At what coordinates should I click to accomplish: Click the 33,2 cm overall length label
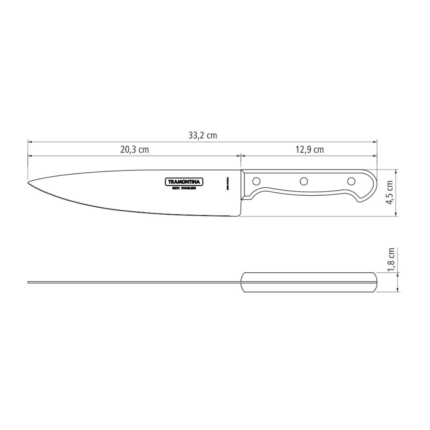click(202, 135)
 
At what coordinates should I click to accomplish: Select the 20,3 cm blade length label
click(134, 150)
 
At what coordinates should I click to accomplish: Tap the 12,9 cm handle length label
click(310, 150)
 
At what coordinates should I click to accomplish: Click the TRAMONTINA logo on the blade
click(184, 182)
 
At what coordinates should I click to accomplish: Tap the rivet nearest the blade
click(257, 181)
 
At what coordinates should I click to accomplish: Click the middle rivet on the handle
click(304, 181)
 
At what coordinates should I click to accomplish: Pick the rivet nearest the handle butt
click(352, 181)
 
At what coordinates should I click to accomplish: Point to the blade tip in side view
click(29, 183)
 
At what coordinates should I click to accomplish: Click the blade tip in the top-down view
click(29, 282)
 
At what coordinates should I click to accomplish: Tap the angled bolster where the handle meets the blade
click(243, 183)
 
